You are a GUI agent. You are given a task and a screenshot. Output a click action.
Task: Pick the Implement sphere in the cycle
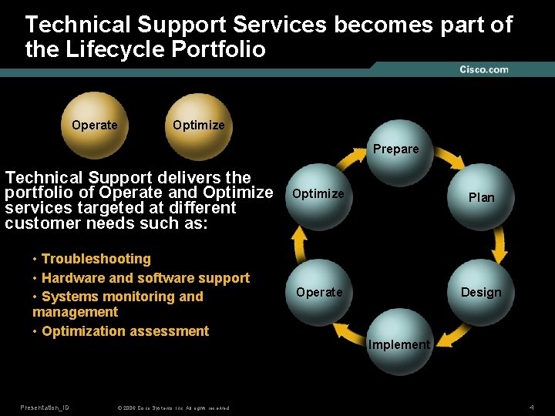click(x=399, y=344)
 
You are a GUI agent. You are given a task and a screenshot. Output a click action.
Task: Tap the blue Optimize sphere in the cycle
click(x=318, y=193)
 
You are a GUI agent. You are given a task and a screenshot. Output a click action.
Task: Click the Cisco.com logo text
click(x=483, y=69)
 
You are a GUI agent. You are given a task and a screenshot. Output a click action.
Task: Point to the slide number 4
click(x=532, y=406)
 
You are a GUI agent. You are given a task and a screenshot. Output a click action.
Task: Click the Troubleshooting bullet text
click(x=96, y=259)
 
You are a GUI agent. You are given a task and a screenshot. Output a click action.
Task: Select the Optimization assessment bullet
click(x=125, y=331)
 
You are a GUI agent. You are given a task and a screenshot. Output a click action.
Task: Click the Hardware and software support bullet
click(x=146, y=278)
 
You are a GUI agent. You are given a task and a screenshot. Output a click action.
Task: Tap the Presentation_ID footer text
click(x=45, y=407)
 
